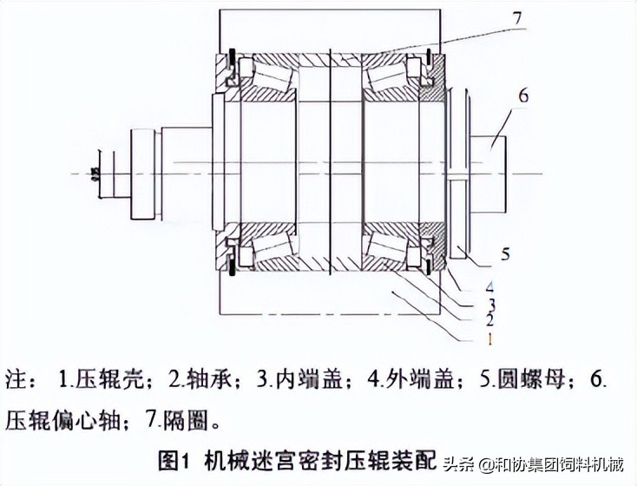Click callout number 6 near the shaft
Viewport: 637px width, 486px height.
pos(522,95)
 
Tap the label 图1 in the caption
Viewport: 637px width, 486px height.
pos(177,459)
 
